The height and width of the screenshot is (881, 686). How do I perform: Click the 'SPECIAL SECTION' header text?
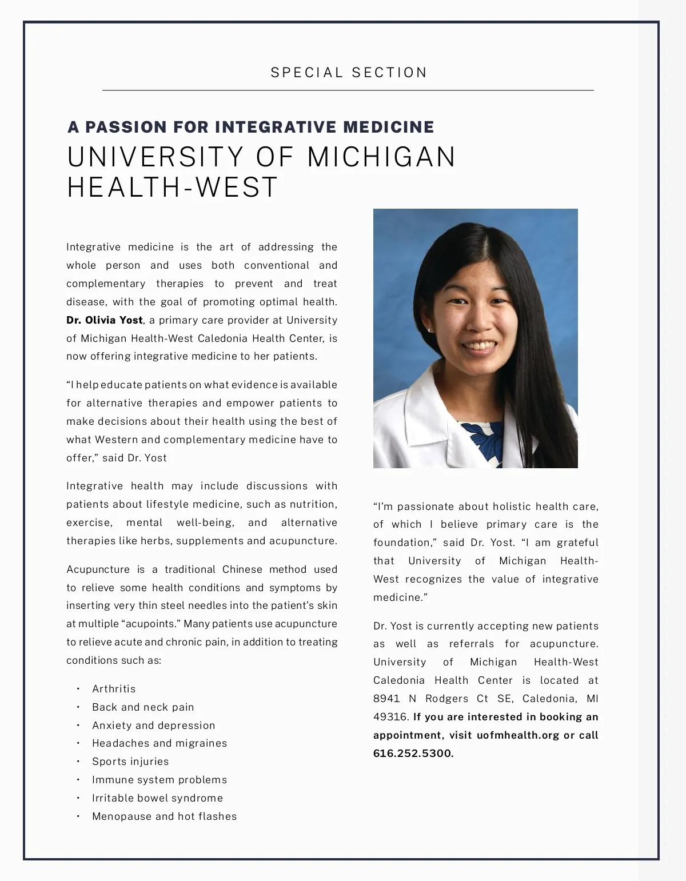point(349,73)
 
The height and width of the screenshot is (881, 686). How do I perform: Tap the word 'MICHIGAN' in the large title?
point(381,157)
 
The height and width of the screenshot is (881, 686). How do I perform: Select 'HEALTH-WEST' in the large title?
point(172,188)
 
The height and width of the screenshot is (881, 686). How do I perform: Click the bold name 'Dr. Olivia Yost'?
point(105,320)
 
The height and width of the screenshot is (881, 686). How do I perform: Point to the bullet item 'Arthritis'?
point(114,689)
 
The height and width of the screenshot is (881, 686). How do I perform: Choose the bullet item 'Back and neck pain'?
point(143,707)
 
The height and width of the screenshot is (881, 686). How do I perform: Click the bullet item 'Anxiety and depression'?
point(154,725)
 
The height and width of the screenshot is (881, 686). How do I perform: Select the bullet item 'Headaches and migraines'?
point(159,743)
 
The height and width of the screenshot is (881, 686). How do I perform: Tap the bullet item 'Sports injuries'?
point(130,762)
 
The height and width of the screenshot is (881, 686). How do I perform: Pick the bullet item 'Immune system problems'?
point(159,780)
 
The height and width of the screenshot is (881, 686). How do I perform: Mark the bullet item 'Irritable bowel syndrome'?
point(157,798)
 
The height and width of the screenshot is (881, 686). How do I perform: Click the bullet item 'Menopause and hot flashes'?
point(164,816)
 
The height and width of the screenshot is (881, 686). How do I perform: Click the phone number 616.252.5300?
point(413,754)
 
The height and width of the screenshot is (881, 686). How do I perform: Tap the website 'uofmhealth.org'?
point(517,735)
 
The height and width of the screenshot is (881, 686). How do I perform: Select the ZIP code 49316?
point(390,717)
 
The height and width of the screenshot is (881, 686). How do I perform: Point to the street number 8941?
point(386,699)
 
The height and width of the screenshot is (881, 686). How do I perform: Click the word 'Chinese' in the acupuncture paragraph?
point(242,569)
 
